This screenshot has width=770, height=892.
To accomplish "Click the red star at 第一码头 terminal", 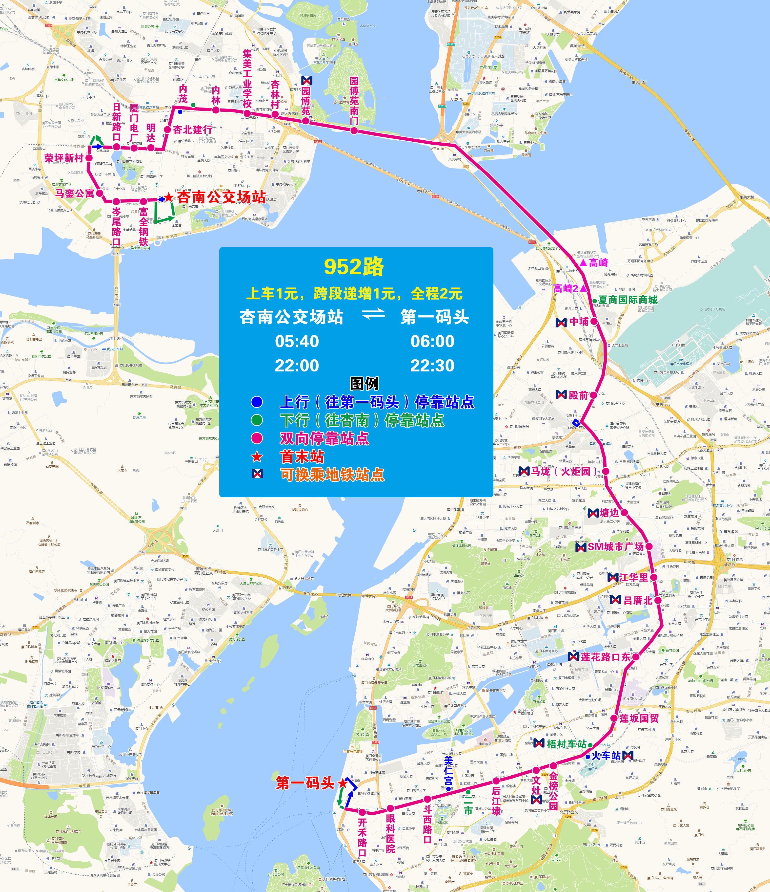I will (x=343, y=783).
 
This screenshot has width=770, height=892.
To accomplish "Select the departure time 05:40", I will (x=297, y=341).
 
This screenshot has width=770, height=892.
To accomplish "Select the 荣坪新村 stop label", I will (x=64, y=158).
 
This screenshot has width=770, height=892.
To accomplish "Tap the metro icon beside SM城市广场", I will (x=581, y=547).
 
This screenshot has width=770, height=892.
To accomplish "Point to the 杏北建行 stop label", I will (x=192, y=130).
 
